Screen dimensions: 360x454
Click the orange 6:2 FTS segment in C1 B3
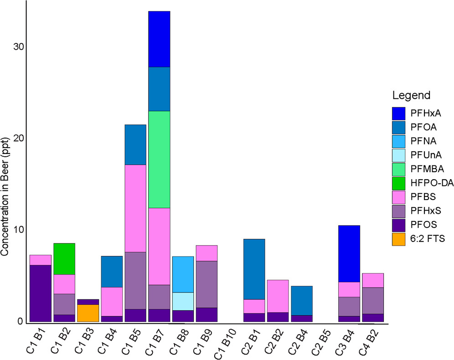(88, 313)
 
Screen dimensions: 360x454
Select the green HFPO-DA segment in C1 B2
(64, 259)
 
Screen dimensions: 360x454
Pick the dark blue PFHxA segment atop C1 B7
(159, 39)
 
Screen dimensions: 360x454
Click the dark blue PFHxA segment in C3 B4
(349, 254)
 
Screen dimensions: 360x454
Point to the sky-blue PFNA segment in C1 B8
(183, 274)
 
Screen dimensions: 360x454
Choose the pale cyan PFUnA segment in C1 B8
(183, 301)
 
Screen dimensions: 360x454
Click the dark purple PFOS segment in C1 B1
(41, 293)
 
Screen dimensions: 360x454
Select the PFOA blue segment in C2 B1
(254, 269)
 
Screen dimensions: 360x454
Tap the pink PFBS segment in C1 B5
(135, 208)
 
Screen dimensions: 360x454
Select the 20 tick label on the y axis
(16, 139)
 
